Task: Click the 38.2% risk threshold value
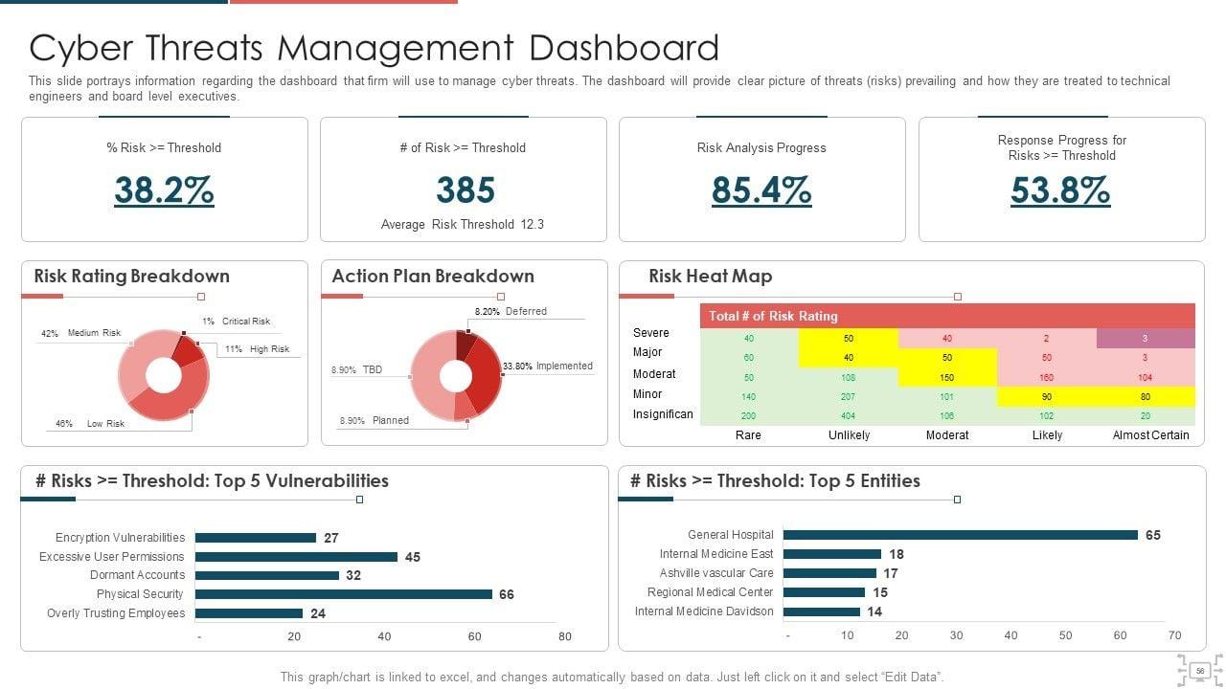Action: (x=164, y=190)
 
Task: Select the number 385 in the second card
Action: (x=465, y=190)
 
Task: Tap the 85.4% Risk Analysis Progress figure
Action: (x=761, y=190)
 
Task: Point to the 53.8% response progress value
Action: (x=1060, y=190)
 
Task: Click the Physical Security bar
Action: (x=343, y=594)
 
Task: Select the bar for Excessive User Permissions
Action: (x=296, y=557)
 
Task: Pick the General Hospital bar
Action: (x=960, y=535)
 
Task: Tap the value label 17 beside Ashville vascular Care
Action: (x=891, y=573)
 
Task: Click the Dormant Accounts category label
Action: (x=137, y=575)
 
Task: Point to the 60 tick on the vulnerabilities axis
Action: (x=474, y=636)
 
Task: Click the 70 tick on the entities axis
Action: (x=1174, y=635)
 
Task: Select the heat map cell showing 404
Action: (x=848, y=416)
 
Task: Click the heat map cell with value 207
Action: (x=848, y=396)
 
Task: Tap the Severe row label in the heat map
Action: (x=651, y=333)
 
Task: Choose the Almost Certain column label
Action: (x=1150, y=435)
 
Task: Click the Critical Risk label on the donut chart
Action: (x=246, y=322)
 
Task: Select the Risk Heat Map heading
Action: (x=710, y=277)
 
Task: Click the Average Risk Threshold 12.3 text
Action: (x=463, y=225)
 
